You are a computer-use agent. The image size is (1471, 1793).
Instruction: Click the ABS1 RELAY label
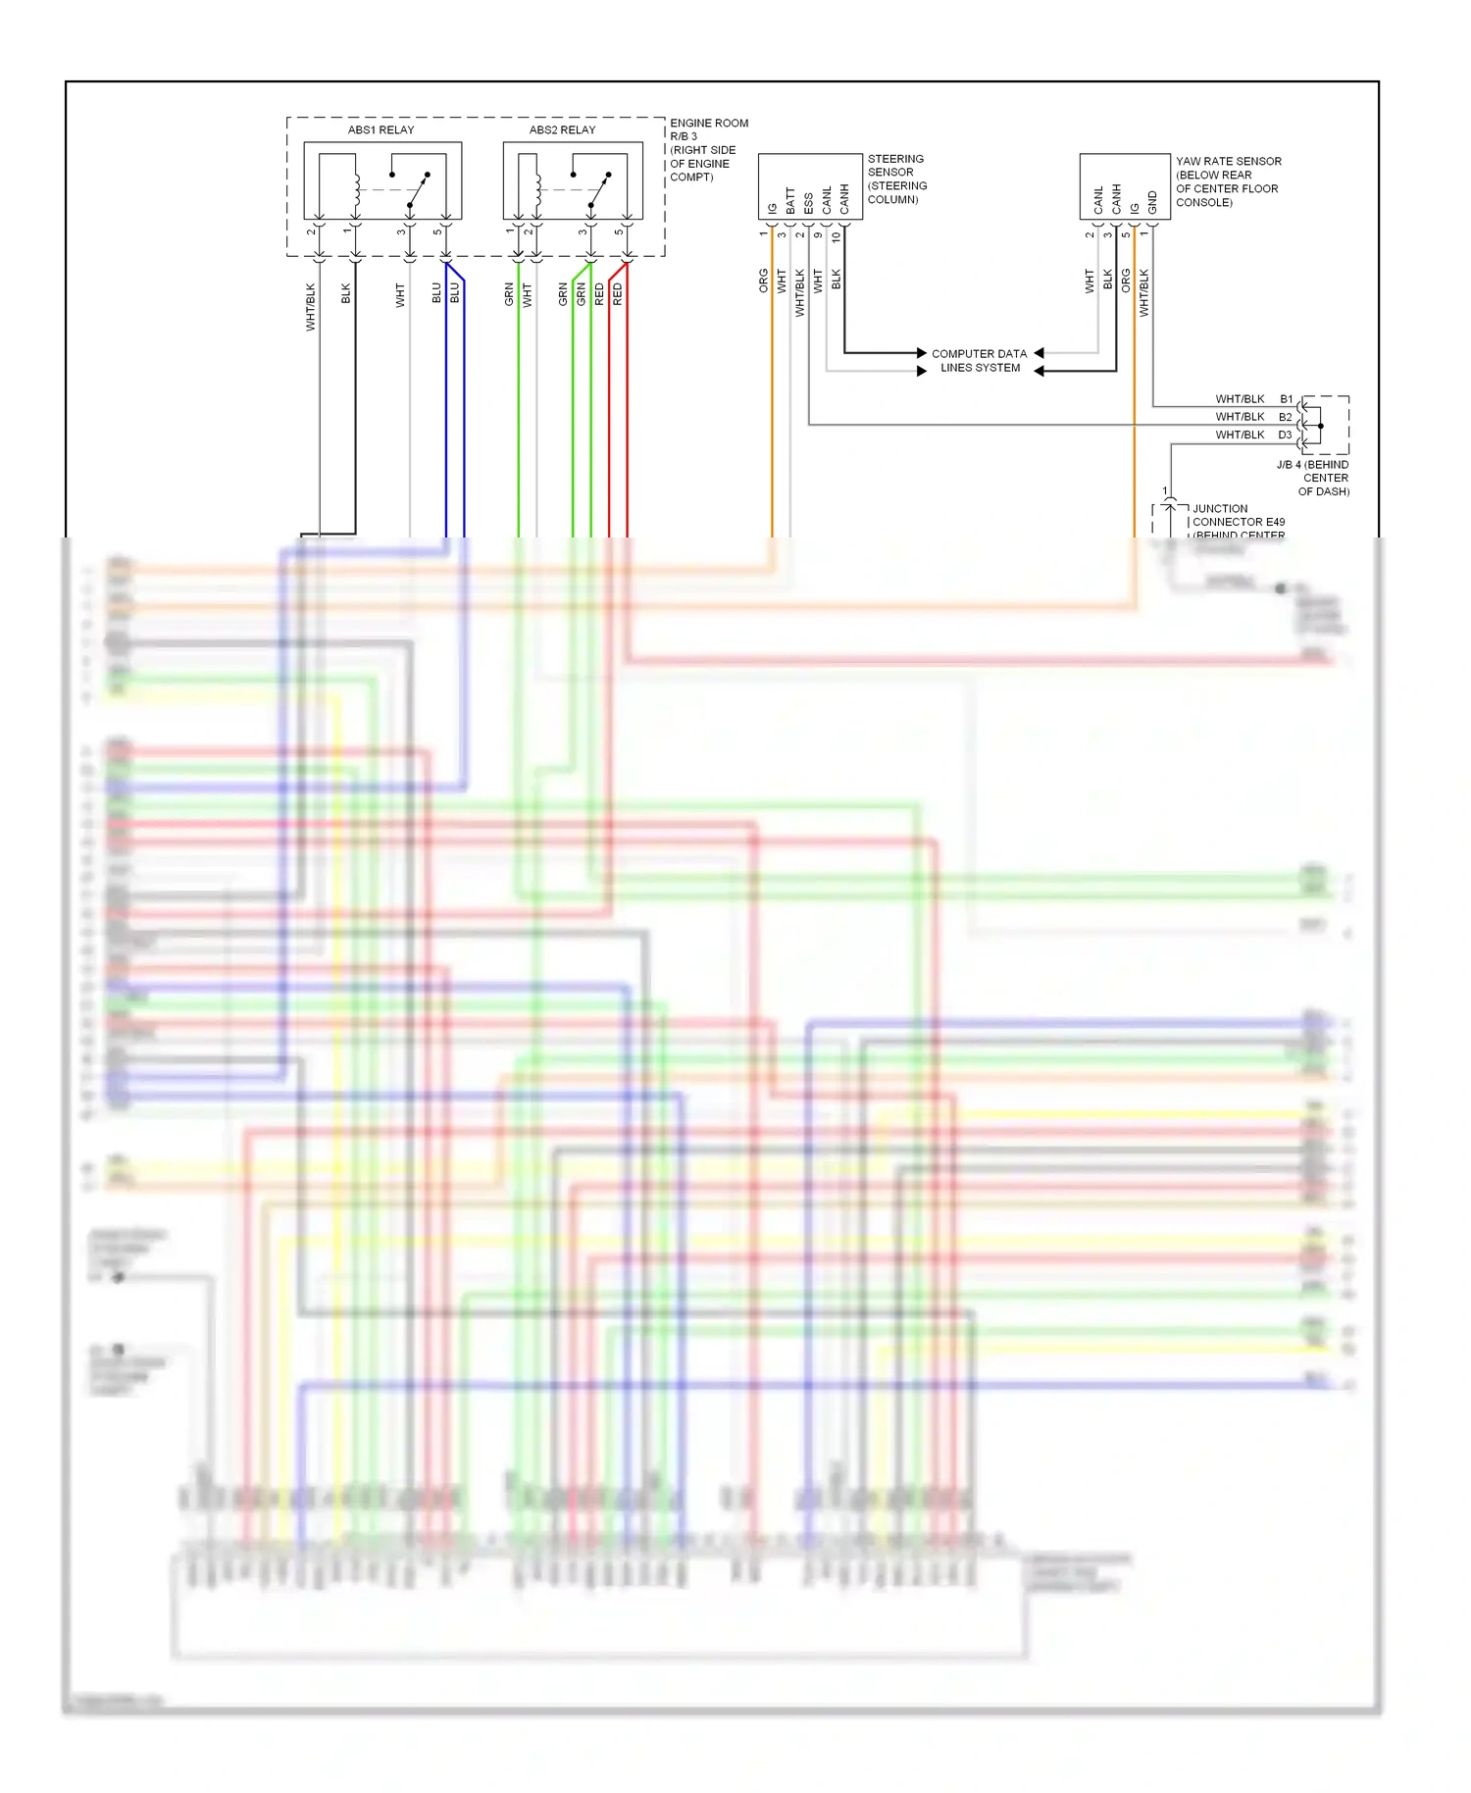pyautogui.click(x=380, y=129)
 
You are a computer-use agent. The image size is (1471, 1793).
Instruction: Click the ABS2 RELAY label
pyautogui.click(x=562, y=129)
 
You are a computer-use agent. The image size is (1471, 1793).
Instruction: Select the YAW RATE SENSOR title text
pyautogui.click(x=1228, y=161)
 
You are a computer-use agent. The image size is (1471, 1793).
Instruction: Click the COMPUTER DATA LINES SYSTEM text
pyautogui.click(x=979, y=361)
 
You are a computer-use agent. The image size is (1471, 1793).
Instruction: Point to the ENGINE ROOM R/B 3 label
pyautogui.click(x=708, y=129)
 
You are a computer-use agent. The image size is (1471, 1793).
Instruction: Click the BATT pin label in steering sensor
pyautogui.click(x=790, y=201)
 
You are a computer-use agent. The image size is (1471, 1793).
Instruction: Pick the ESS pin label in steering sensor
pyautogui.click(x=808, y=203)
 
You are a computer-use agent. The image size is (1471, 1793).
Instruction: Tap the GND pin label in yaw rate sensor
pyautogui.click(x=1152, y=203)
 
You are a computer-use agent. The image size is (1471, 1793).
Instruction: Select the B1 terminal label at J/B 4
pyautogui.click(x=1286, y=399)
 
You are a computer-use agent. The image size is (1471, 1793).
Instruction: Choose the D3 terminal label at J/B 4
pyautogui.click(x=1285, y=435)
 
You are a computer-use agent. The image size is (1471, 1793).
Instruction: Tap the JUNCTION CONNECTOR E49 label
pyautogui.click(x=1238, y=516)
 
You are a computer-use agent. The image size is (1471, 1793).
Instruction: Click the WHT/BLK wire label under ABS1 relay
pyautogui.click(x=311, y=306)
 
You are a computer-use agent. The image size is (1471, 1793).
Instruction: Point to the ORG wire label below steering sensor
pyautogui.click(x=763, y=281)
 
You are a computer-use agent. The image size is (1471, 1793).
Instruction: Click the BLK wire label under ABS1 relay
pyautogui.click(x=345, y=293)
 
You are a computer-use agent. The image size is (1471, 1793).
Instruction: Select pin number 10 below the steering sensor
pyautogui.click(x=836, y=236)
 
